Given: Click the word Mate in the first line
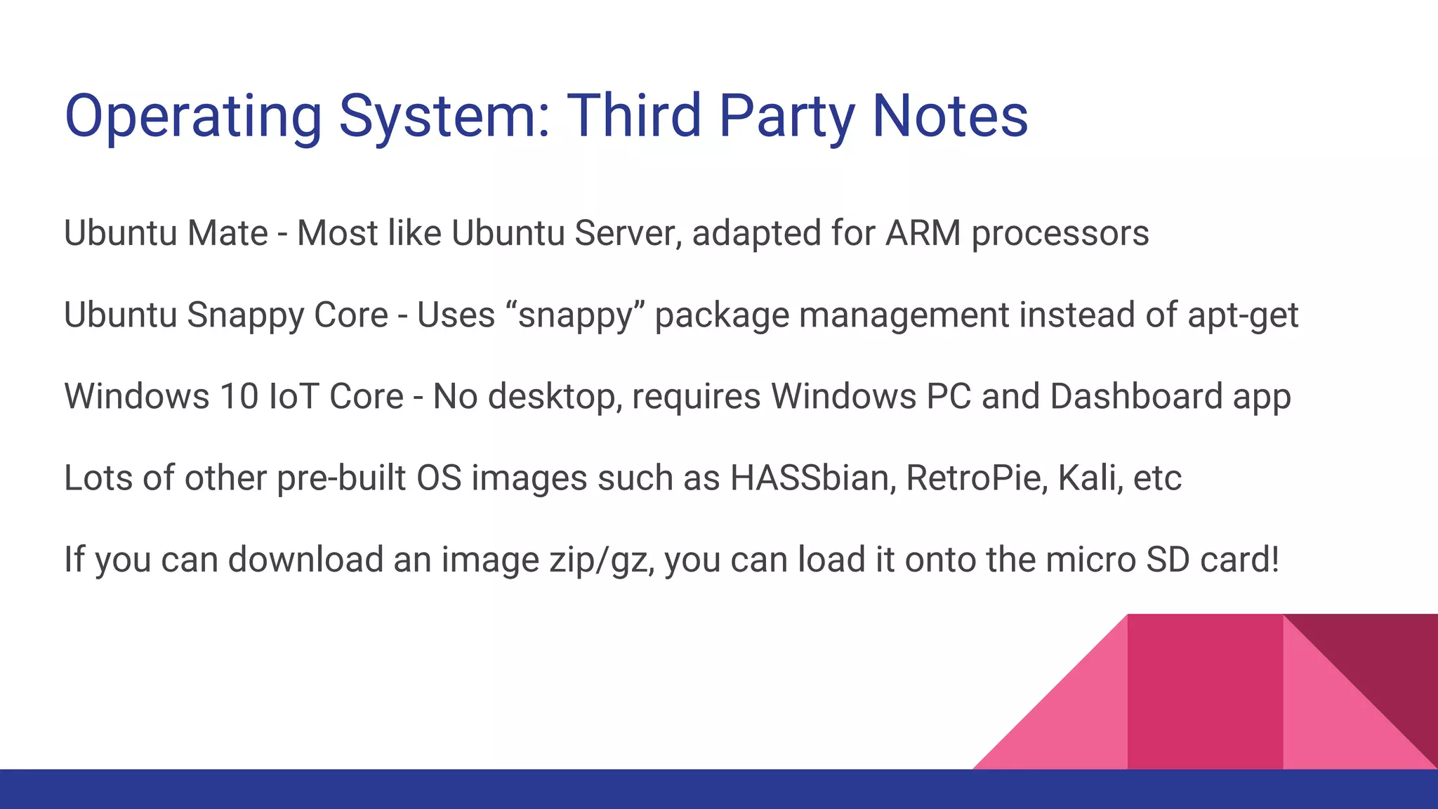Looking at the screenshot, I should [x=227, y=233].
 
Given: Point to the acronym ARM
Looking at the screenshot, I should [x=923, y=233].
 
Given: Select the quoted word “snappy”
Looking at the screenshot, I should [x=575, y=315].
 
